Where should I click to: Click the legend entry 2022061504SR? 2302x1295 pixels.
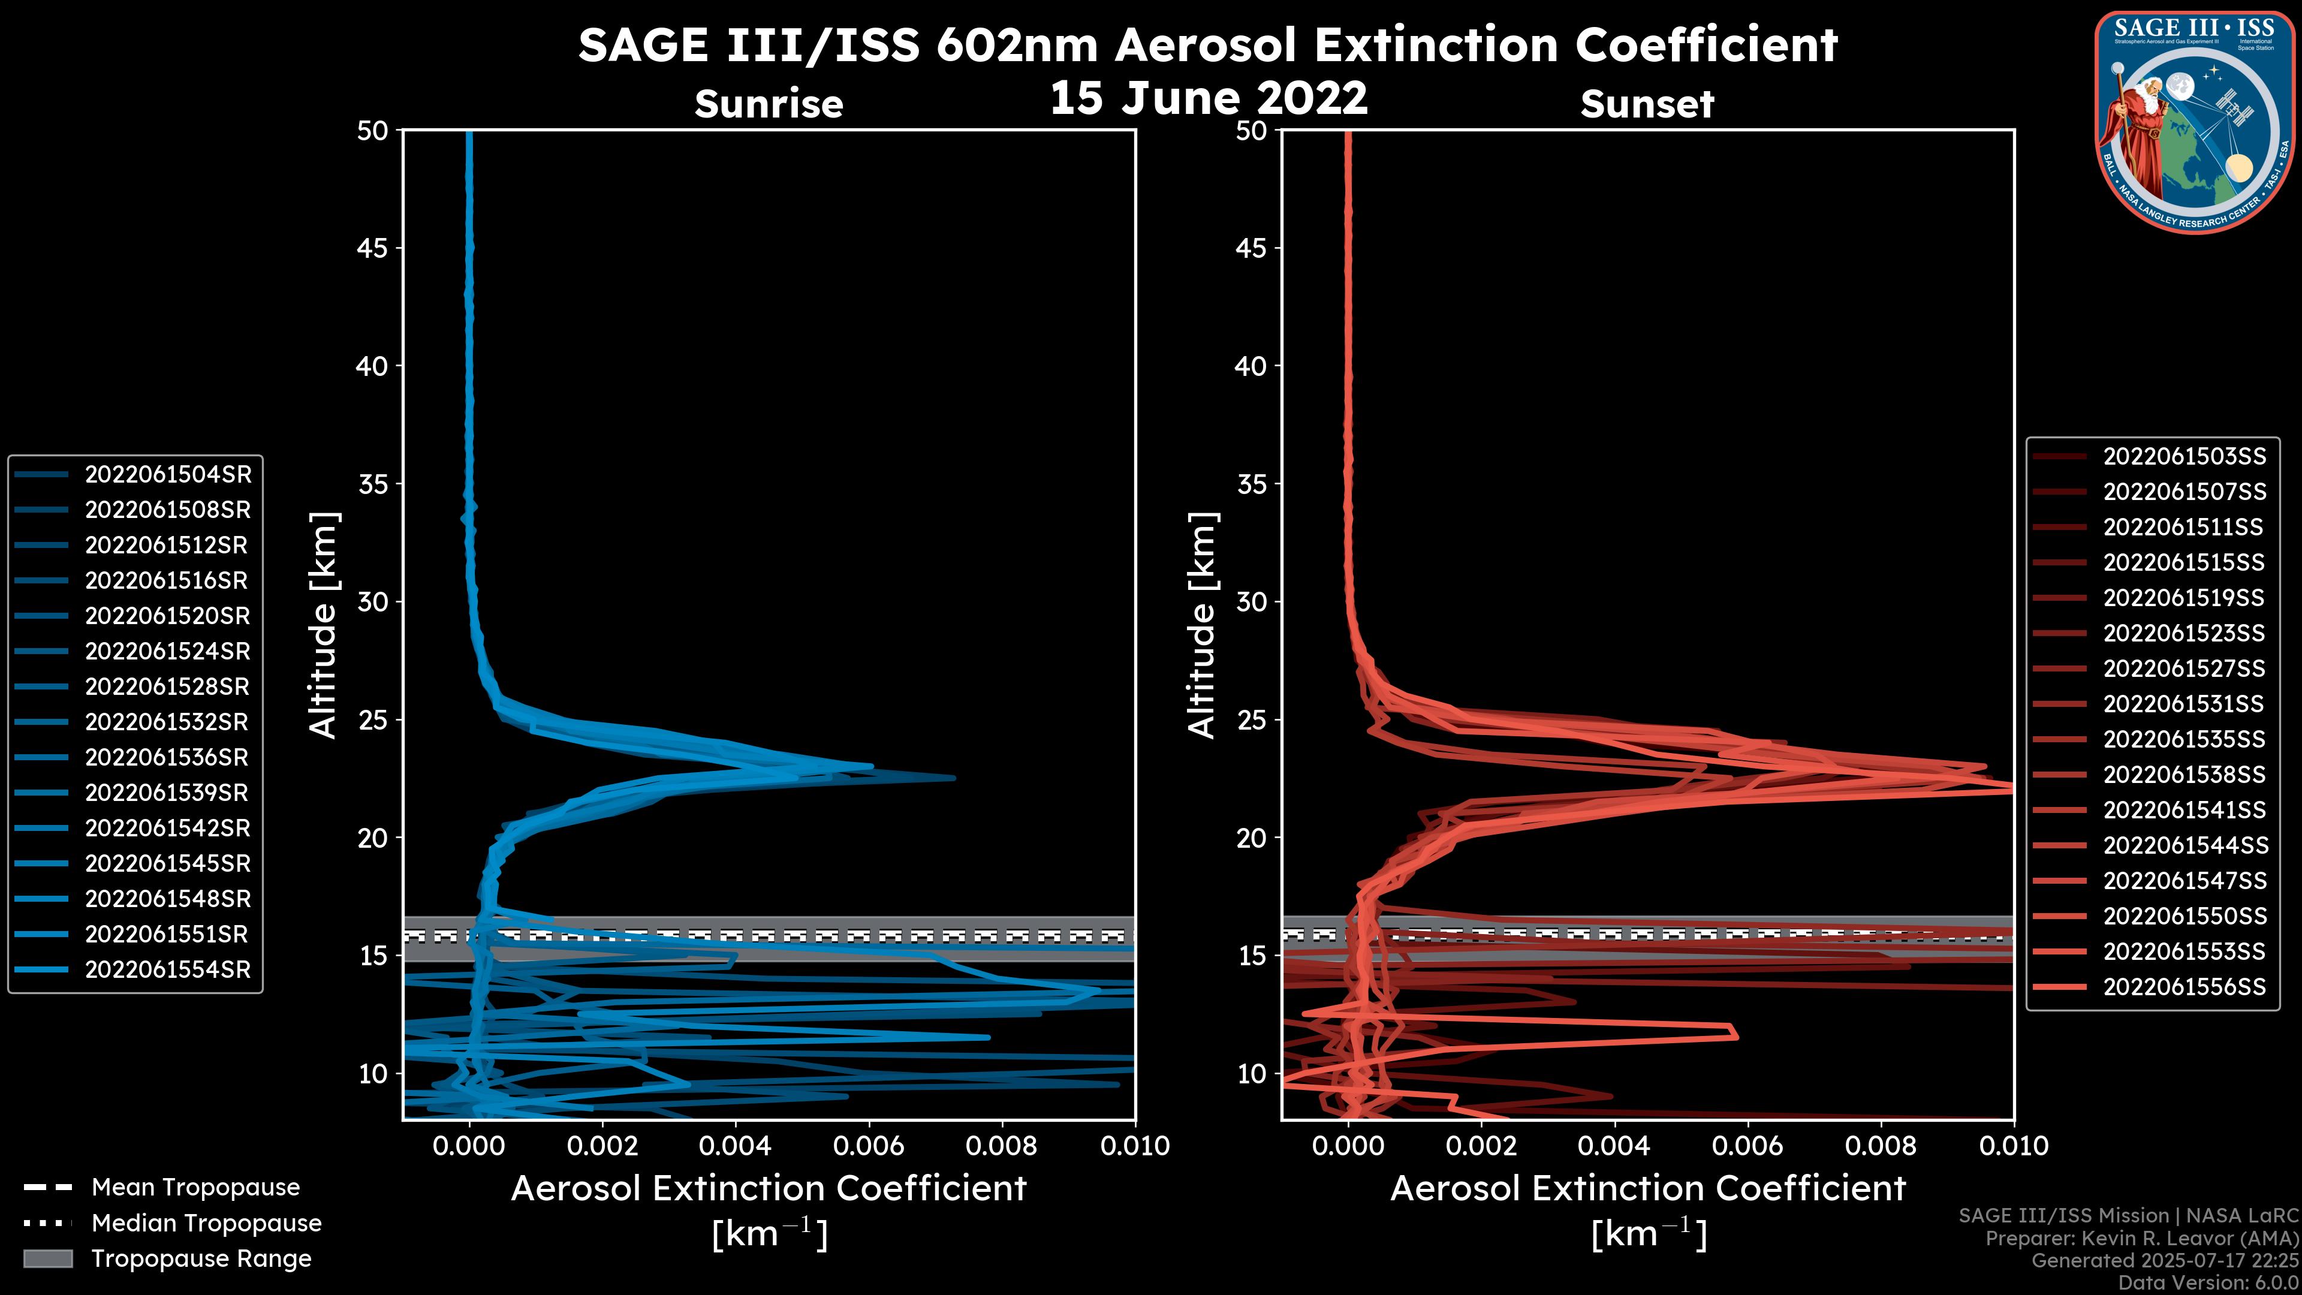pyautogui.click(x=168, y=475)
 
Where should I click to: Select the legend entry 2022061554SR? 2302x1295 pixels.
pyautogui.click(x=168, y=969)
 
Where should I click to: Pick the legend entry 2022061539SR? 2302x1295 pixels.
pyautogui.click(x=168, y=793)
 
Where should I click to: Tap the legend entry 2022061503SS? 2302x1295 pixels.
pyautogui.click(x=2184, y=457)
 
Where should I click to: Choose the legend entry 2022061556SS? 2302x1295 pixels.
pyautogui.click(x=2184, y=987)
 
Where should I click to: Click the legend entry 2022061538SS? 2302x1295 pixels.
pyautogui.click(x=2184, y=774)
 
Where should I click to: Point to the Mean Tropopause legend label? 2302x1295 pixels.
pyautogui.click(x=195, y=1188)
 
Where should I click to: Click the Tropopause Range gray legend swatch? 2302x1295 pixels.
pyautogui.click(x=47, y=1258)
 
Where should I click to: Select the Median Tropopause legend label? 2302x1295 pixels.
pyautogui.click(x=206, y=1222)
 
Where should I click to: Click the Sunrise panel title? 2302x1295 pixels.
pyautogui.click(x=769, y=104)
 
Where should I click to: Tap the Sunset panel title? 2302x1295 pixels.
pyautogui.click(x=1647, y=104)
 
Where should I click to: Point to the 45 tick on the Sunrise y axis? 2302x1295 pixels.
pyautogui.click(x=373, y=248)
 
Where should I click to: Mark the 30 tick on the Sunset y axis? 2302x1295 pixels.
pyautogui.click(x=1251, y=601)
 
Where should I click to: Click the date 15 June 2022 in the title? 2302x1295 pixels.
pyautogui.click(x=1208, y=97)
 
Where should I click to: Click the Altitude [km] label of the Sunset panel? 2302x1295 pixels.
pyautogui.click(x=1203, y=625)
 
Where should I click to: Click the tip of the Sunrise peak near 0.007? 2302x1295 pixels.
pyautogui.click(x=954, y=778)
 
